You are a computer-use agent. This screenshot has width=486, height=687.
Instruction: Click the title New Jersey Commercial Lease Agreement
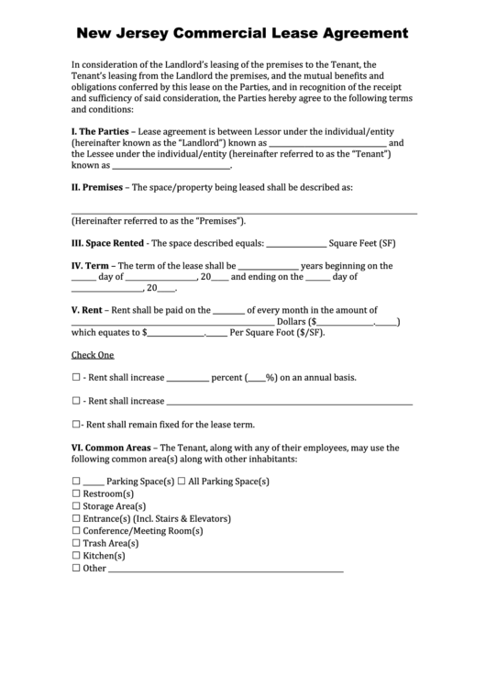pos(243,34)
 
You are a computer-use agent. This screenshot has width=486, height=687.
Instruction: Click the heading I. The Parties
pos(101,131)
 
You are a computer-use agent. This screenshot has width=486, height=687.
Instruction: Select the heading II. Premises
pos(101,187)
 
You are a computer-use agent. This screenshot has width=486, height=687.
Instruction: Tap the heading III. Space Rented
pos(108,244)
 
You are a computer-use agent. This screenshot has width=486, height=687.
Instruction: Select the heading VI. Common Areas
pos(113,448)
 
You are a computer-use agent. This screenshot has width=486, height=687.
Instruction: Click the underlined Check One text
pos(93,355)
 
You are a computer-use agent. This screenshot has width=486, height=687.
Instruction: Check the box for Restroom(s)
pos(76,493)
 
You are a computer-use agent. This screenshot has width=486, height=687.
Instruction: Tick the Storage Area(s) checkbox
pos(76,506)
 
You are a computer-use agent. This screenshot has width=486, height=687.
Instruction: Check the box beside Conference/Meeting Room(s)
pos(76,531)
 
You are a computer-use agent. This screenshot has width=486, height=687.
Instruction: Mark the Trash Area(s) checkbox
pos(76,543)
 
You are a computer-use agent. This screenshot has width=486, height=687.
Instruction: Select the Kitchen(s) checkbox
pos(76,556)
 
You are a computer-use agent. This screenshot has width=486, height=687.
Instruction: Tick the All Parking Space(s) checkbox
pos(182,482)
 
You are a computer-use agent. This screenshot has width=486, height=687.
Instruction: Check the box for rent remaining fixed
pos(76,425)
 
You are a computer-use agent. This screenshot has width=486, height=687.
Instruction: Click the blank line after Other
pos(226,569)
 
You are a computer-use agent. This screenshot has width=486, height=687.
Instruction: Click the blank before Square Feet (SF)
pos(296,245)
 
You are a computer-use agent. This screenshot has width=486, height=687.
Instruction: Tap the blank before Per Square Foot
pos(175,333)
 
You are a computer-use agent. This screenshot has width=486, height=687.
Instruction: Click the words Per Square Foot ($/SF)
pos(279,333)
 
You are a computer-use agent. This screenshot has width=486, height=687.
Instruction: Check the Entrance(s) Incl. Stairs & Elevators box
pos(76,518)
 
